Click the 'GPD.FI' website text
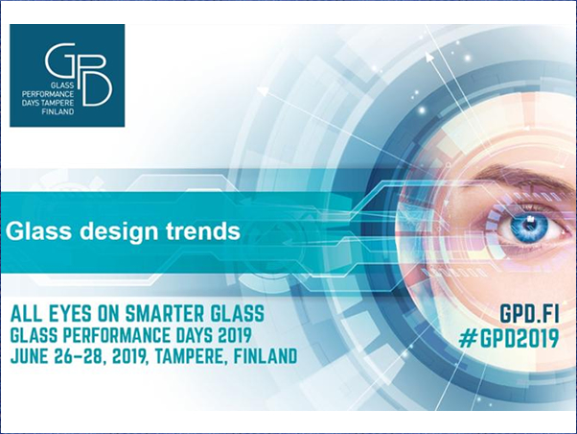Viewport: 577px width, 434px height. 529,315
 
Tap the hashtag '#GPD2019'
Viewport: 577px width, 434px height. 509,339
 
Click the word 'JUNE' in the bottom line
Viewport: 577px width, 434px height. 29,356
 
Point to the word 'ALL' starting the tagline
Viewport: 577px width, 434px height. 25,314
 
